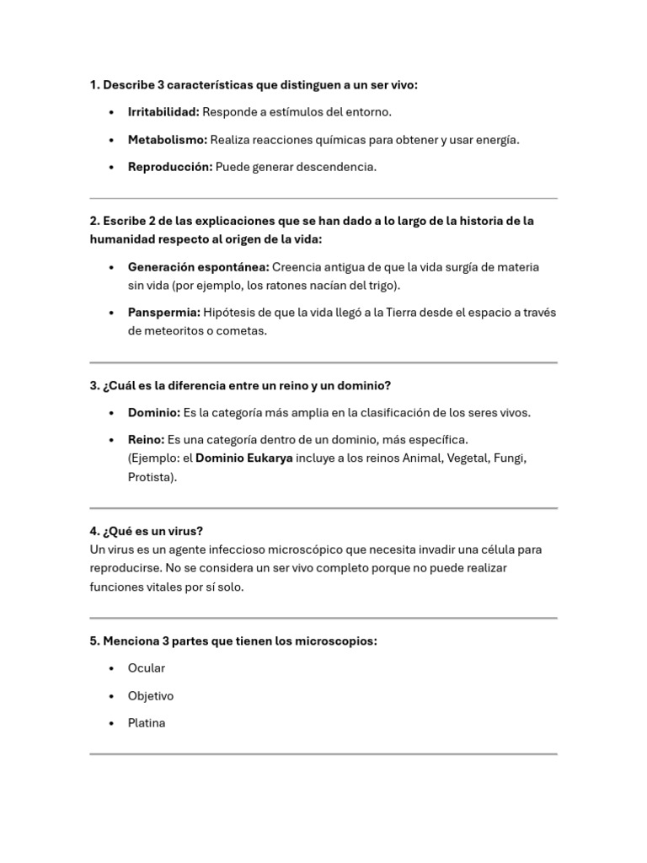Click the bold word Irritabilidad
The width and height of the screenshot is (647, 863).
163,112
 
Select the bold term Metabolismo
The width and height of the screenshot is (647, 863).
167,140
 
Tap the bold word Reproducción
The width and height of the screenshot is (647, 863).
170,167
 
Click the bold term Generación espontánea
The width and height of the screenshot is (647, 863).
199,267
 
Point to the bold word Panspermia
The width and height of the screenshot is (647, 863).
164,313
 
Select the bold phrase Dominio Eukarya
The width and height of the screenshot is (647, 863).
244,458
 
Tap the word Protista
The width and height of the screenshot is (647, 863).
151,477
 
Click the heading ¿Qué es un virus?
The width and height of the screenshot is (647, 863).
147,531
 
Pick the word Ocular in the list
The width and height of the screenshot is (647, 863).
147,668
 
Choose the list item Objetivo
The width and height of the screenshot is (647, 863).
151,696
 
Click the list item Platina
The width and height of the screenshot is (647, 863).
147,723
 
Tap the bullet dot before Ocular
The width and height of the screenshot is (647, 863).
112,668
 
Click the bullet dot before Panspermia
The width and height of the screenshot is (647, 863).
112,313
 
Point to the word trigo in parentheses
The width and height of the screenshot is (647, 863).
382,286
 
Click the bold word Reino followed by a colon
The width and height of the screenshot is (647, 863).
147,440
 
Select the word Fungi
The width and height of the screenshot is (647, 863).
509,458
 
